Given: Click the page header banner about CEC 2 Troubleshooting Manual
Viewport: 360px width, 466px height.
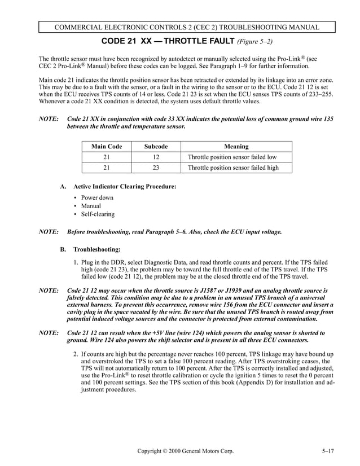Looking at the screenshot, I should click(x=186, y=27).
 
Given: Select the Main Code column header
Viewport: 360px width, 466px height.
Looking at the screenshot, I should click(x=107, y=146).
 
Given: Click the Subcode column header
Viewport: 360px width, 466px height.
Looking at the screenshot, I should click(x=156, y=146).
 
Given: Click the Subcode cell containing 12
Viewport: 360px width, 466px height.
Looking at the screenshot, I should click(x=156, y=157).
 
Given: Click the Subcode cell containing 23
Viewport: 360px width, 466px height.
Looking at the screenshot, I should click(x=156, y=168).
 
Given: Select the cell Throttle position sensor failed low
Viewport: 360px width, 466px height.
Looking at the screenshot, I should click(x=232, y=157).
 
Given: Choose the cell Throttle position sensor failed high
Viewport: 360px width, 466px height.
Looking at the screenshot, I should click(x=233, y=168).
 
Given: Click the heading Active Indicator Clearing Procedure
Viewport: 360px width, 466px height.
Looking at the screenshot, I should click(x=125, y=186).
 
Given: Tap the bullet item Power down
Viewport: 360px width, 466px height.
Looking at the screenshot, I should click(x=96, y=197).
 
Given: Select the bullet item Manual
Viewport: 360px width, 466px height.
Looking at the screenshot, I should click(x=91, y=206).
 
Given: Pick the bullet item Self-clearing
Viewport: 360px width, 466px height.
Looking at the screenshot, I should click(x=97, y=214).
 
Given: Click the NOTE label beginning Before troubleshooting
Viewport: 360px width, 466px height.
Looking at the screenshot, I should click(x=49, y=232).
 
